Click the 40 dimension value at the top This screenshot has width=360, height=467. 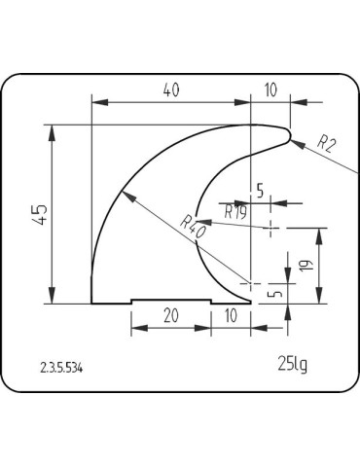point(170,90)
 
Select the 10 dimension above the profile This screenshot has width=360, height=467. point(270,90)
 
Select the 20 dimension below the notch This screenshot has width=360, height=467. point(170,315)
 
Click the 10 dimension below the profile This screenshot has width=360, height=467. point(231,315)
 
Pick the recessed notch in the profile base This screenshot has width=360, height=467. point(171,301)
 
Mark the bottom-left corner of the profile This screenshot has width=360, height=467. point(91,304)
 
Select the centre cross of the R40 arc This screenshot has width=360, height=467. point(251,284)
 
